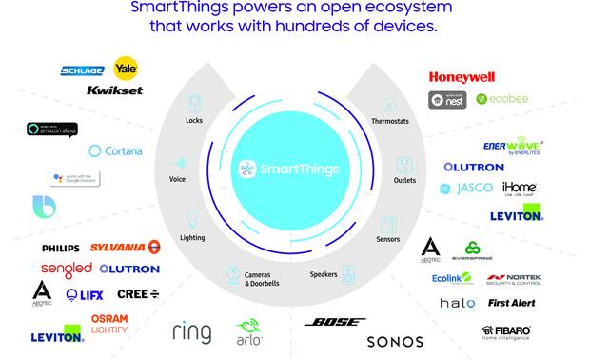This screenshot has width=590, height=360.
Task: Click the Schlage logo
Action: pos(82,70)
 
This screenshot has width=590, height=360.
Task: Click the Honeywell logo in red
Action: pos(462,77)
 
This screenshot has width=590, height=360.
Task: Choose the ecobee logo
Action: pos(501,98)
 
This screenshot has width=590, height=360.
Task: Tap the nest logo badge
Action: pos(448,98)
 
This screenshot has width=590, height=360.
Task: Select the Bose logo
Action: pos(335,322)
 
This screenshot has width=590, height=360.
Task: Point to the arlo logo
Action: pos(249,332)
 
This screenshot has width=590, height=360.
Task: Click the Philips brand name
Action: pos(60,249)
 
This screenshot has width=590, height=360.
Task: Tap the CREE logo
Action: pos(138,294)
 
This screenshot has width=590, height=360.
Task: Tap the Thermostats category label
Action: pos(388,121)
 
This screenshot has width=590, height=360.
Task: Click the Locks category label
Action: pos(194,121)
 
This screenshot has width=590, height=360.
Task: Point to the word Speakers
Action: pos(324,274)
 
